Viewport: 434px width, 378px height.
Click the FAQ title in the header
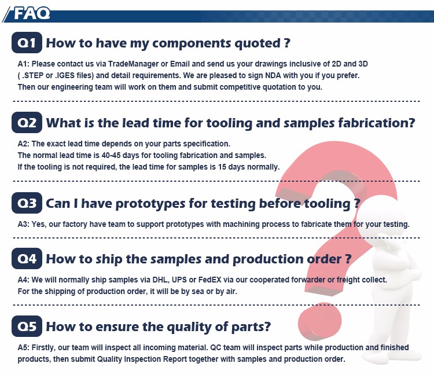click(x=32, y=13)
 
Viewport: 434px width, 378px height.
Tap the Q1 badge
click(x=27, y=43)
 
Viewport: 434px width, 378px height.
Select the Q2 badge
click(x=27, y=122)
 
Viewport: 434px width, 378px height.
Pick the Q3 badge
click(x=27, y=203)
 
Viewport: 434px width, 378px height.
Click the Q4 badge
click(x=27, y=258)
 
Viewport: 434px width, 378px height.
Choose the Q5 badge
click(x=27, y=326)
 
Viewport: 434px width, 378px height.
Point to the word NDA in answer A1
click(x=273, y=75)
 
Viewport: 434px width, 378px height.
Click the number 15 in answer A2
click(x=222, y=167)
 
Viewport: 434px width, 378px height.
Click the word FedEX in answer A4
click(x=210, y=280)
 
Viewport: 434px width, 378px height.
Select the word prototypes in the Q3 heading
click(x=150, y=204)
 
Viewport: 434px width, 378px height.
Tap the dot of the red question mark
click(x=319, y=321)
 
